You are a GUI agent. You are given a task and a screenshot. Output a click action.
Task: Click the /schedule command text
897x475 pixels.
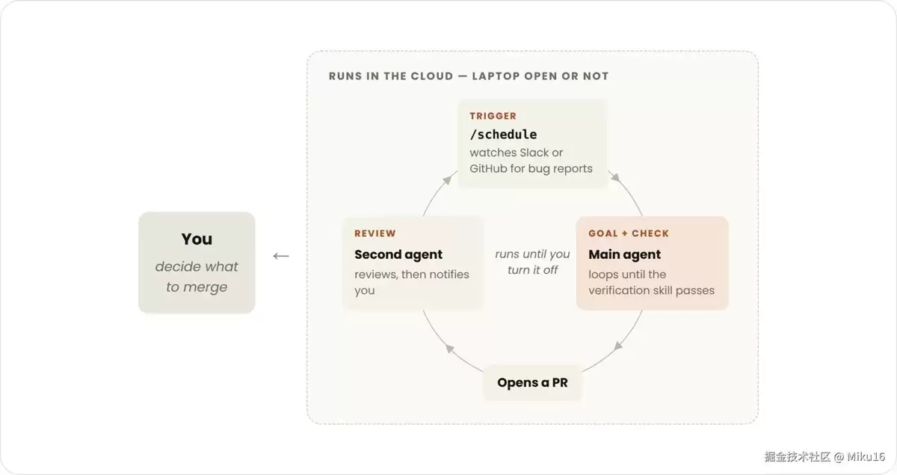503,135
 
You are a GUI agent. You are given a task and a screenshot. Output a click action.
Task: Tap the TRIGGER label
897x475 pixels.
493,116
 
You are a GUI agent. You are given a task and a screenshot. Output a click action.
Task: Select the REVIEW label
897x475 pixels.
374,233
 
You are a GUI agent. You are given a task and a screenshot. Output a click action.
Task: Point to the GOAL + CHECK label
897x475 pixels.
629,233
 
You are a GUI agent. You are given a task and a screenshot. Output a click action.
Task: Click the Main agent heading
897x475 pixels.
624,254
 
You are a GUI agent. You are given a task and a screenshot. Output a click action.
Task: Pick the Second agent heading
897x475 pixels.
398,254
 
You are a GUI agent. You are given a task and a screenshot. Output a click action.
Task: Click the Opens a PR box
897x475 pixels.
532,382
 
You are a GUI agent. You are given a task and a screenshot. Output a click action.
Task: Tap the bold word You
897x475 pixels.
197,239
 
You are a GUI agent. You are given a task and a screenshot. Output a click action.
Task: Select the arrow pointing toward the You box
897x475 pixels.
281,256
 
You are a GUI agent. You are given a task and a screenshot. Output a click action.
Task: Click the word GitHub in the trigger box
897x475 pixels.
488,168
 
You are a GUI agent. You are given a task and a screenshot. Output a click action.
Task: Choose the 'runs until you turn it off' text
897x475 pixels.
532,262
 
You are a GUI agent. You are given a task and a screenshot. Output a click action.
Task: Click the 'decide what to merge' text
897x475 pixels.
197,277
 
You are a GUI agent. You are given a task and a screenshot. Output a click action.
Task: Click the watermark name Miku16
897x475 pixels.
866,457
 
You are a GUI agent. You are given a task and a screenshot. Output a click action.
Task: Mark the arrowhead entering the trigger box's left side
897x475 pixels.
447,180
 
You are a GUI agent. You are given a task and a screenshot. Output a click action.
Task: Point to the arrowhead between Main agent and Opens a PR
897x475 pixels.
618,346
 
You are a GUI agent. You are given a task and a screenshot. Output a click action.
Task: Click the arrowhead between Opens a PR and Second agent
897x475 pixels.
450,349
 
